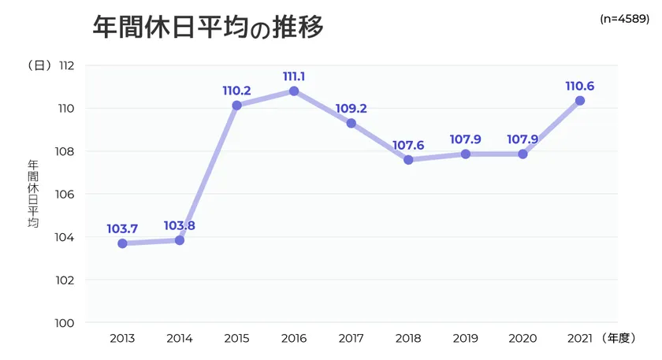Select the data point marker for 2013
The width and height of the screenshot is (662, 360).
click(122, 243)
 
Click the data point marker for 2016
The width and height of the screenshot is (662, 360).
click(294, 91)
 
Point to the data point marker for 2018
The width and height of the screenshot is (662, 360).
click(408, 160)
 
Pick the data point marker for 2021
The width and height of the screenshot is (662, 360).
click(580, 101)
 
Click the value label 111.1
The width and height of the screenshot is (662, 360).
click(294, 76)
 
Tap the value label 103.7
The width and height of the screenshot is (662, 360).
click(122, 228)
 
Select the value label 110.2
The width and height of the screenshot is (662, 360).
click(236, 91)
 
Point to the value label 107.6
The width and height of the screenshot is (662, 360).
click(408, 145)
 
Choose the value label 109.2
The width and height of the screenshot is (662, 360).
click(351, 108)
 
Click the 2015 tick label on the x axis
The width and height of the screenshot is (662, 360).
click(236, 339)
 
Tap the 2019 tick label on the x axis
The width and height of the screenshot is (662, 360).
click(465, 339)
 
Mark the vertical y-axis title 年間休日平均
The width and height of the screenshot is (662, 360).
click(33, 194)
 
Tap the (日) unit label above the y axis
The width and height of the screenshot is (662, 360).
click(39, 65)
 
